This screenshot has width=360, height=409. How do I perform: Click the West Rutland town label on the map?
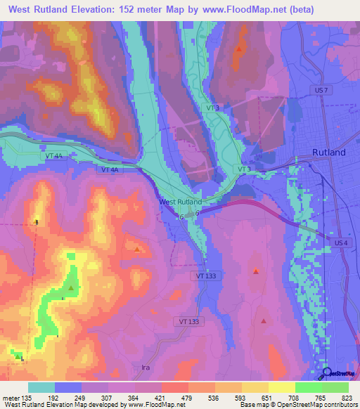coord(181,202)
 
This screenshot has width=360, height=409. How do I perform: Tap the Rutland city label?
coord(329,152)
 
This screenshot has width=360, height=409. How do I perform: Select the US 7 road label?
coord(320,91)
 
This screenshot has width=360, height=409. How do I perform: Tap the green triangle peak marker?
coord(71,287)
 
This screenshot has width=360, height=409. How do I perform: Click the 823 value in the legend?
coord(347,397)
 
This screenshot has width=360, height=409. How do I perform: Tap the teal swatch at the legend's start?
coord(41,387)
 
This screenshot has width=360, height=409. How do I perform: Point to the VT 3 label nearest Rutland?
coord(244,169)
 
